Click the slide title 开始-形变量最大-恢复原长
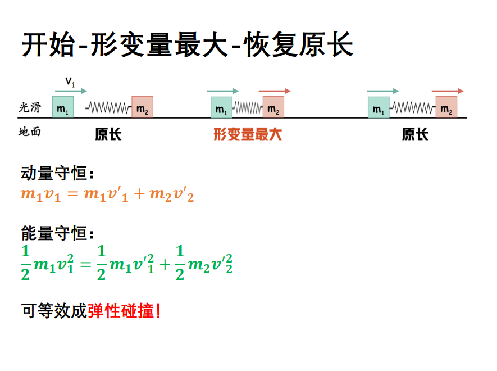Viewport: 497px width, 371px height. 188,45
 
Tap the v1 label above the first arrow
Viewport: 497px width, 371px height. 70,82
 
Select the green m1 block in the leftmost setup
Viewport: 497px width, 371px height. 63,107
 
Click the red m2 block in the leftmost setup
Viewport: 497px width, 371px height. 143,107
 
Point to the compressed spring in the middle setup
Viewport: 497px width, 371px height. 248,107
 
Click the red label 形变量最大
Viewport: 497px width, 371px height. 248,134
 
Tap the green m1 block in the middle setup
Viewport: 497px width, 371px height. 222,107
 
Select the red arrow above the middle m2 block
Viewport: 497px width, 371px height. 275,91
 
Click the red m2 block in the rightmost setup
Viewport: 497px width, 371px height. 446,107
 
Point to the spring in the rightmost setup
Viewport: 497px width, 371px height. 413,107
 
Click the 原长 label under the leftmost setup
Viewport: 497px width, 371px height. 108,134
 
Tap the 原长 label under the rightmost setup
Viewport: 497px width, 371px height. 415,134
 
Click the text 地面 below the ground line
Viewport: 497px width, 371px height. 29,132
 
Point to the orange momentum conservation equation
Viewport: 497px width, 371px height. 107,194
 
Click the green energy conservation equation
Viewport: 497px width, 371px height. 126,263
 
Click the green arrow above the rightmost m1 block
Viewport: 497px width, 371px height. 383,91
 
